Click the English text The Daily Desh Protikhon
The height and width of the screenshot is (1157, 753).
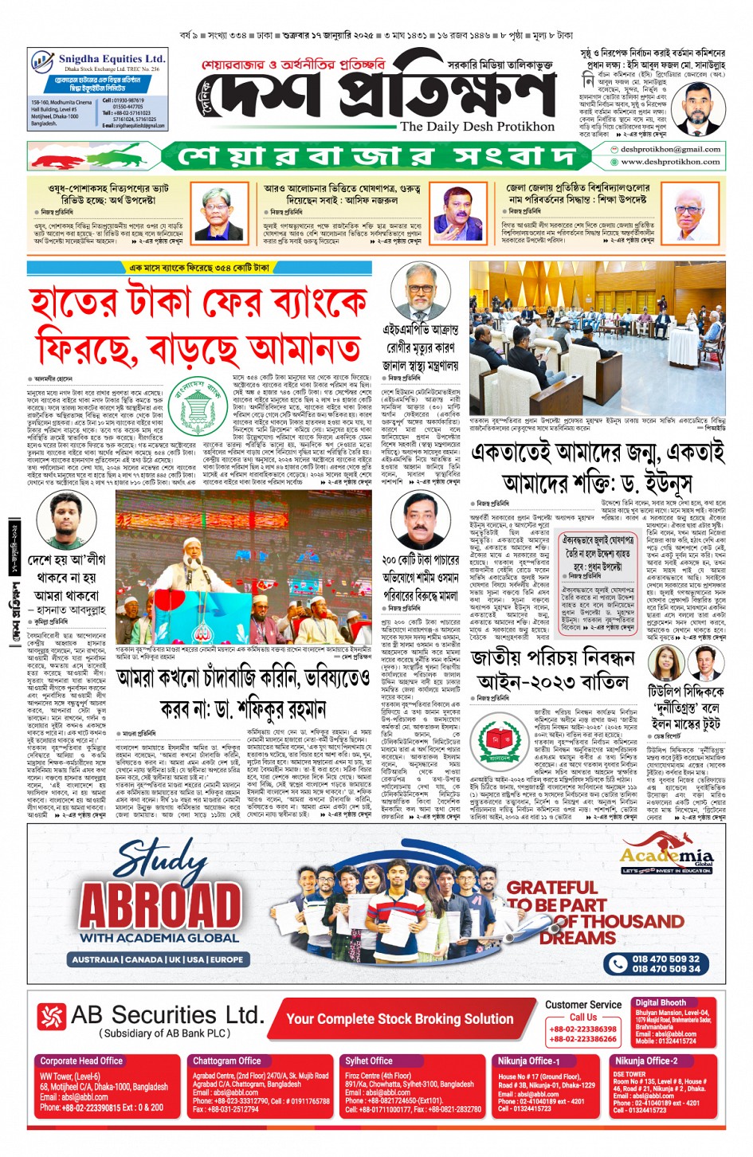(477, 127)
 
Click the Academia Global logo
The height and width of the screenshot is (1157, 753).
(667, 858)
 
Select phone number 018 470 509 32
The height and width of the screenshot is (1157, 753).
(665, 959)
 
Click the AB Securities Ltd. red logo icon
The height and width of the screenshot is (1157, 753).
(52, 1016)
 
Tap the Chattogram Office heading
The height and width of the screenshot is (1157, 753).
(226, 1061)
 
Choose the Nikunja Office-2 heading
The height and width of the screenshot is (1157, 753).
(645, 1061)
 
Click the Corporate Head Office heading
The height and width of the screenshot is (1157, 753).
(81, 1061)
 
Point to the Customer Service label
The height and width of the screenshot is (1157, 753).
(583, 1005)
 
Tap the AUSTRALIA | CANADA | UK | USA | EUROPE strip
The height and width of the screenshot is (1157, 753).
(158, 959)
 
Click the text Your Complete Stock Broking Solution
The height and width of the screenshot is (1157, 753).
(400, 1019)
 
